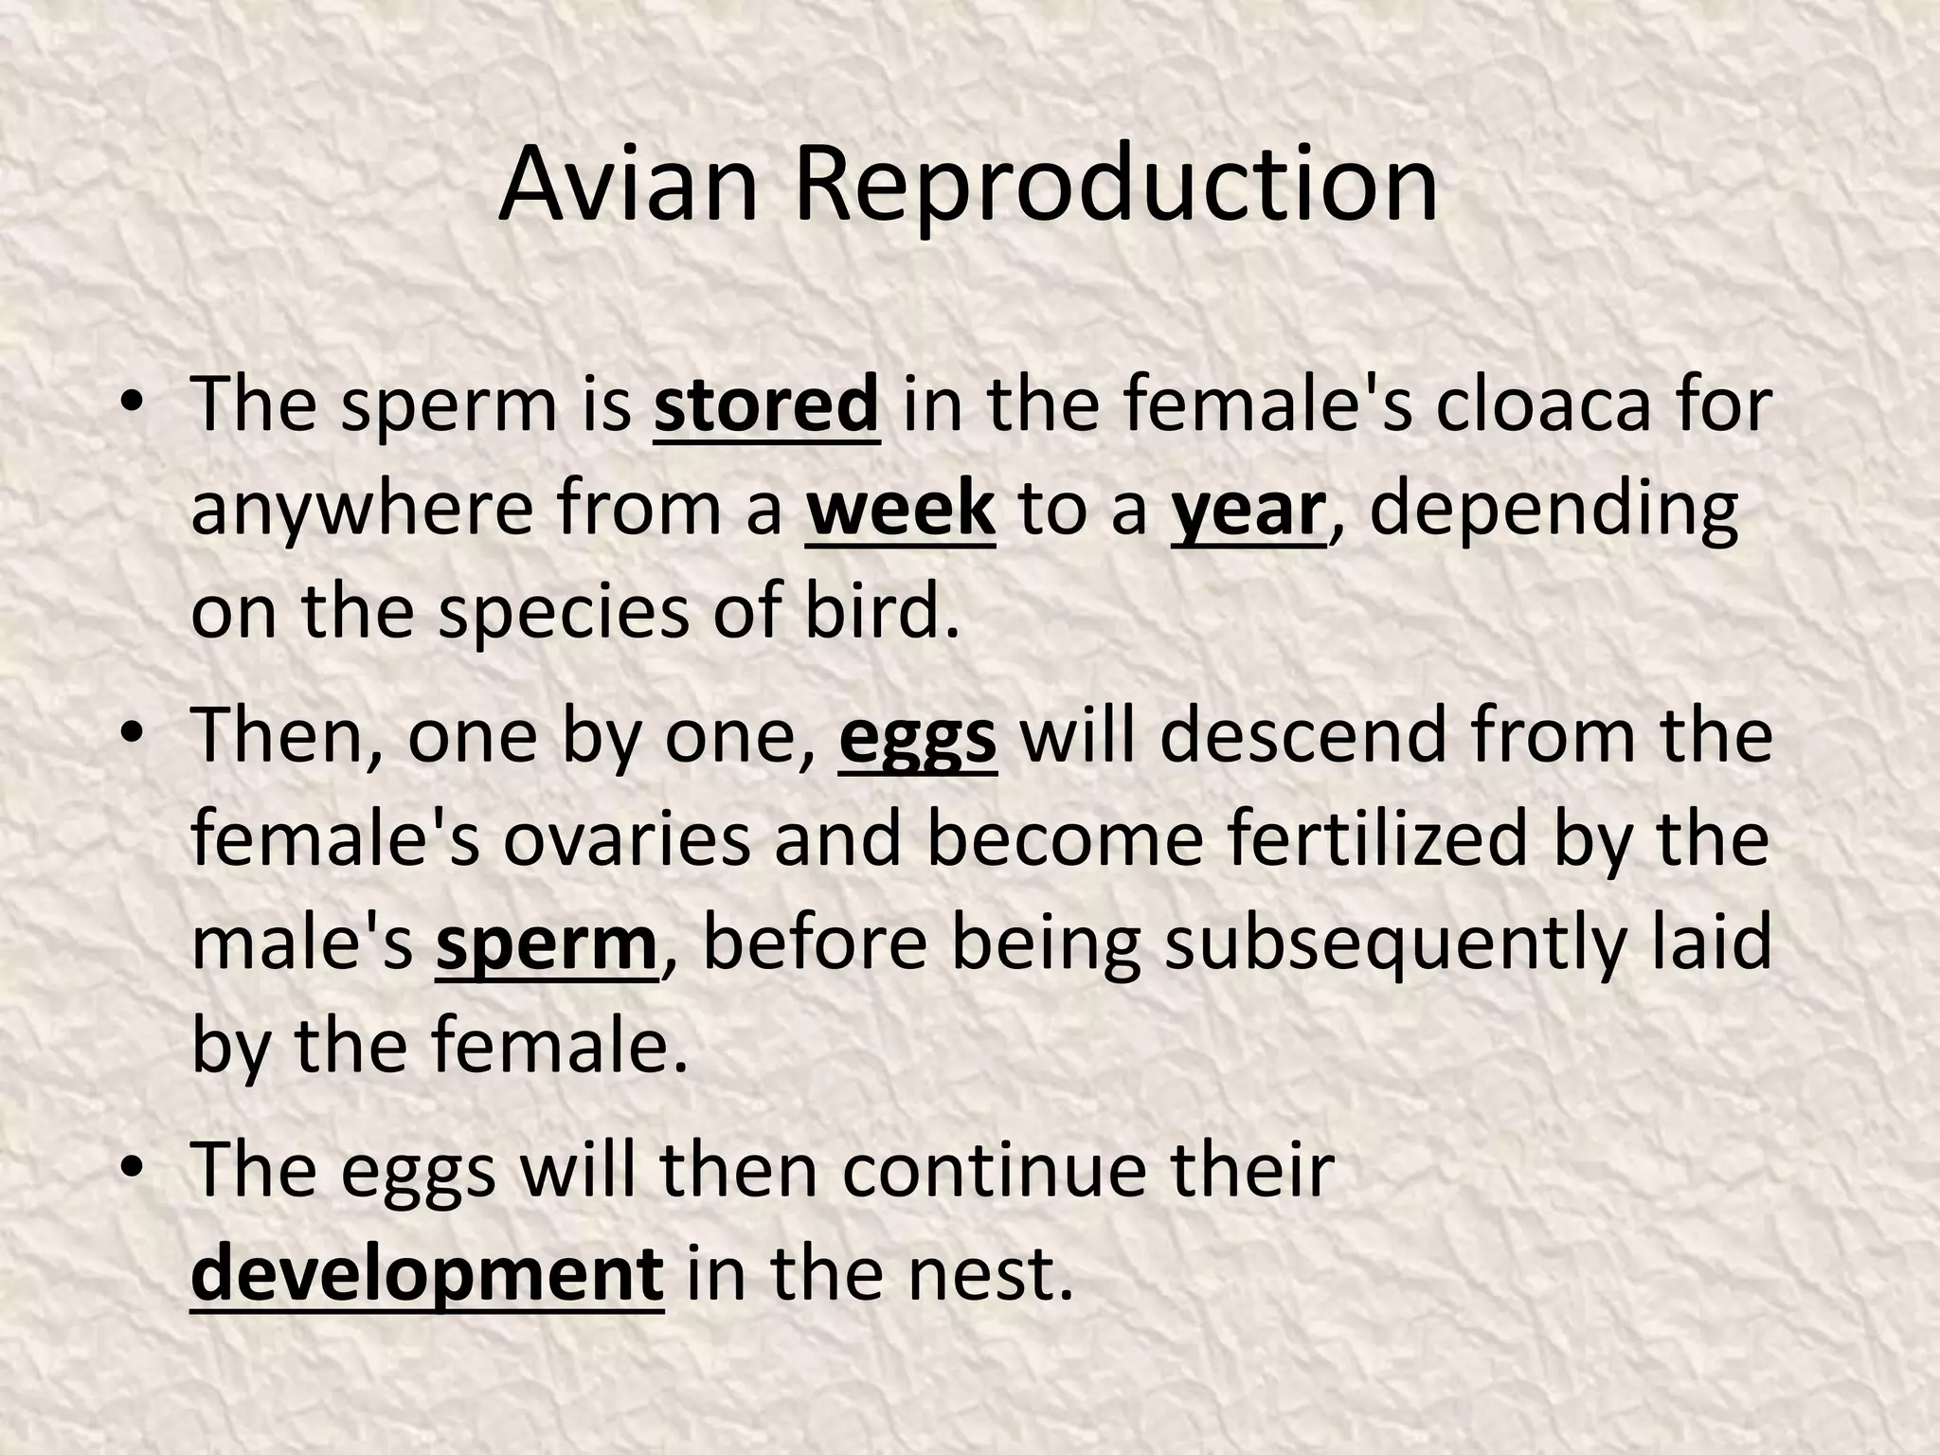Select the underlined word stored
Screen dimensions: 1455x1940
pos(766,405)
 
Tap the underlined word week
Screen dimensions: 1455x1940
pos(900,510)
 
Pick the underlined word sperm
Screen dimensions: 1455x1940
pos(547,945)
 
